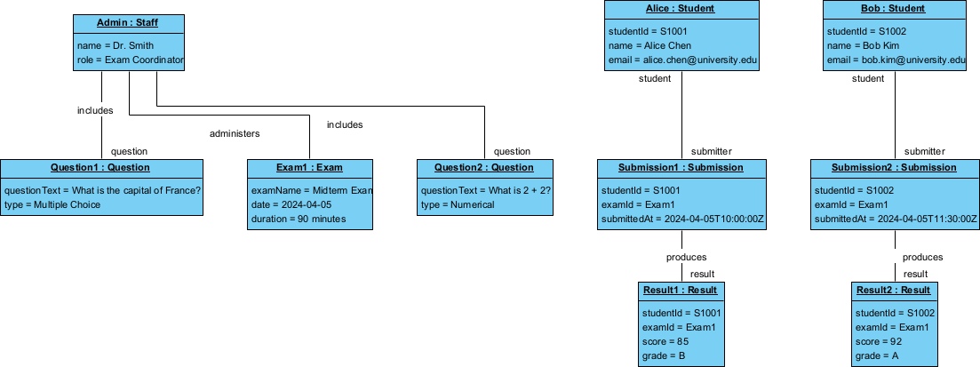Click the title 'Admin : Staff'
pyautogui.click(x=127, y=22)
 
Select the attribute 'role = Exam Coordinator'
pyautogui.click(x=130, y=60)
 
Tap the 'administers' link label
pyautogui.click(x=235, y=133)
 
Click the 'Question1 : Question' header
pyautogui.click(x=100, y=167)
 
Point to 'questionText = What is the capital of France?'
pyautogui.click(x=103, y=190)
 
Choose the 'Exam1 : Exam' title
pyautogui.click(x=309, y=167)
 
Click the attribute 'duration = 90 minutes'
pyautogui.click(x=299, y=219)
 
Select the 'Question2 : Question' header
pyautogui.click(x=484, y=167)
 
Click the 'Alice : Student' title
pyautogui.click(x=681, y=9)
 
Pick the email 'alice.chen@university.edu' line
pyautogui.click(x=682, y=60)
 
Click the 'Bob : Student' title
pyautogui.click(x=894, y=9)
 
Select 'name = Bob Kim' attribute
pyautogui.click(x=861, y=45)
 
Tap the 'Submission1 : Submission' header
pyautogui.click(x=681, y=167)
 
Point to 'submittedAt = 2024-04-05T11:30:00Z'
pyautogui.click(x=896, y=219)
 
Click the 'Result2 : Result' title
pyautogui.click(x=894, y=291)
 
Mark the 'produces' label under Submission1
pyautogui.click(x=687, y=257)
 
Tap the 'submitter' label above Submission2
pyautogui.click(x=925, y=151)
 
